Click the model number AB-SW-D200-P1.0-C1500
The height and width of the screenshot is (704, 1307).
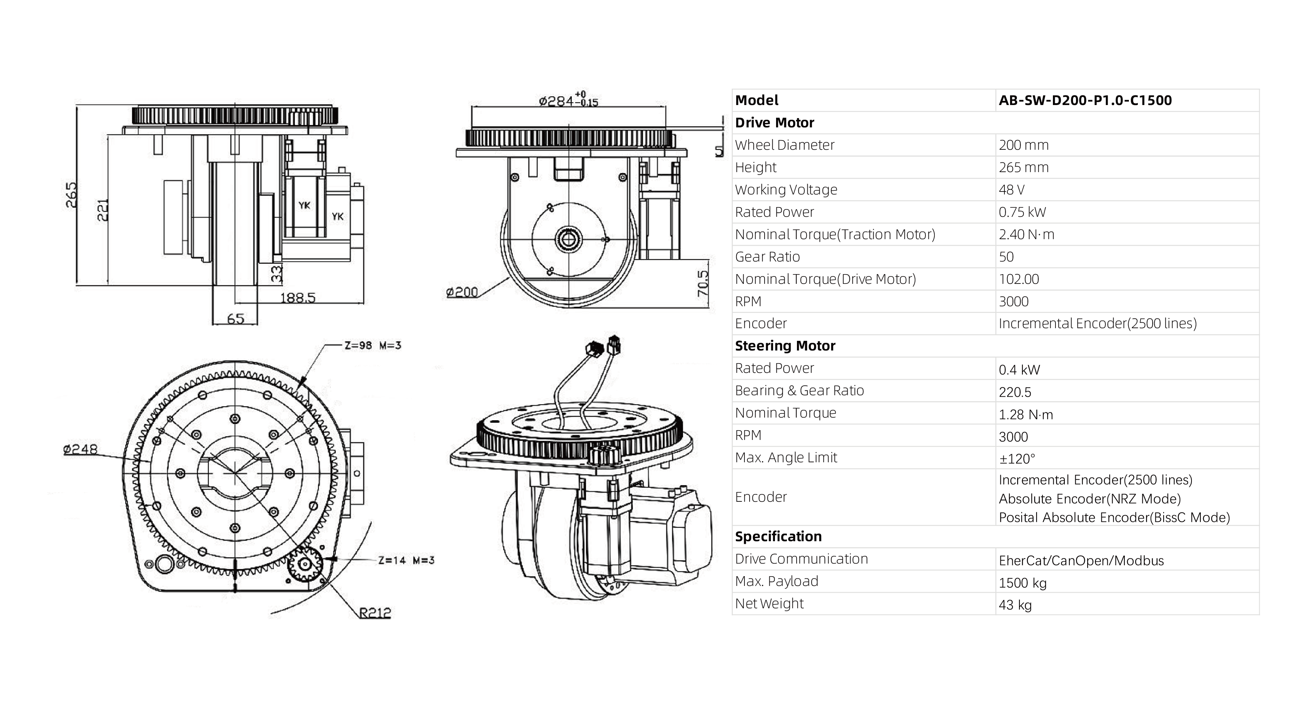click(x=1085, y=101)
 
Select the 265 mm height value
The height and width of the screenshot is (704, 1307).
click(x=1023, y=167)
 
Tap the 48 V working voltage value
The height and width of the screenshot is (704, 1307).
click(x=1011, y=190)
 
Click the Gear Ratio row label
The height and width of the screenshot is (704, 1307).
click(x=767, y=257)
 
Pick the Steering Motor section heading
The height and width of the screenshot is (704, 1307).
click(x=785, y=346)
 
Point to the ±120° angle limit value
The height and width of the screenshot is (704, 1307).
click(x=1017, y=459)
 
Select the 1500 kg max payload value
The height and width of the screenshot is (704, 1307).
click(x=1022, y=583)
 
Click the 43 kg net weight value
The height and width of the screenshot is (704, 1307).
click(x=1015, y=605)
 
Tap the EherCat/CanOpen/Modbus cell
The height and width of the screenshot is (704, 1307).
click(x=1081, y=561)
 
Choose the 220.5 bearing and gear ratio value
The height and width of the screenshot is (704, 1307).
click(x=1015, y=392)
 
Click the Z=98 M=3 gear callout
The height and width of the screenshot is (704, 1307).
click(x=373, y=345)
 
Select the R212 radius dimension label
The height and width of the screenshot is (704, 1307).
click(x=375, y=613)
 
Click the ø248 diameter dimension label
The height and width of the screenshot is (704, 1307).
click(x=80, y=449)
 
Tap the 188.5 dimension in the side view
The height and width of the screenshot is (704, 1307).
click(x=298, y=297)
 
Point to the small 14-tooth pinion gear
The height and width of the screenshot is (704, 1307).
click(x=305, y=564)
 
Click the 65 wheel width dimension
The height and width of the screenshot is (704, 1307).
click(x=235, y=318)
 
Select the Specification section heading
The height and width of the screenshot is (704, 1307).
click(x=778, y=537)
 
